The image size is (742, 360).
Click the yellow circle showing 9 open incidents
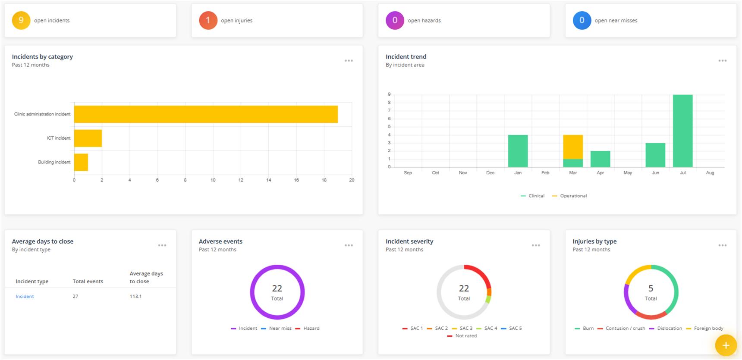[x=21, y=20]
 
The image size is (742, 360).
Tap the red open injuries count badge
[x=208, y=20]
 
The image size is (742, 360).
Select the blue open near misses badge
[x=582, y=20]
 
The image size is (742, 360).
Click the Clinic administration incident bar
[x=206, y=114]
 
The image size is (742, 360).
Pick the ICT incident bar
[x=88, y=138]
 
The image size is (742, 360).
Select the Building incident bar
[x=81, y=162]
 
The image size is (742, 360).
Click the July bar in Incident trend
[x=682, y=131]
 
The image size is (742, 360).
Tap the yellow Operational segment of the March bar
[x=572, y=147]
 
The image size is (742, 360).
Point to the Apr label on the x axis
[x=600, y=173]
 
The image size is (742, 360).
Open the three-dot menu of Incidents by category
[x=349, y=61]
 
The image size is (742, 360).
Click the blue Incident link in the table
[x=25, y=297]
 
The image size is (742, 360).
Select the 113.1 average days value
[x=135, y=297]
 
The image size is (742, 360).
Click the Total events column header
[x=88, y=282]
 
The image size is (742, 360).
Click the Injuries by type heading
[x=594, y=241]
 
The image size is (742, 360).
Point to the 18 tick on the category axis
[x=324, y=180]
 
